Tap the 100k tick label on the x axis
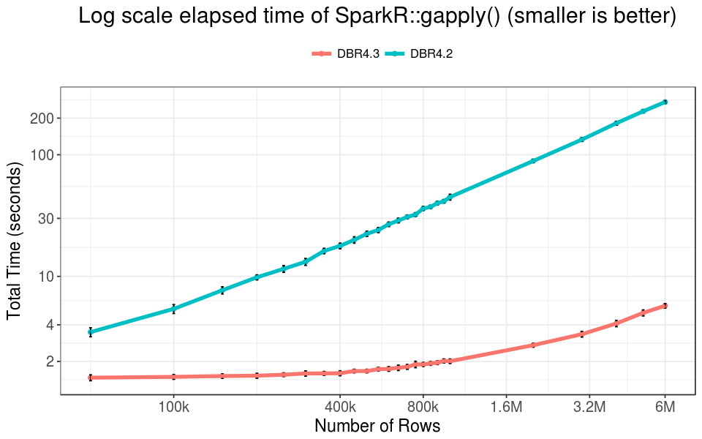click(173, 407)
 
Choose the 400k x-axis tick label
click(340, 407)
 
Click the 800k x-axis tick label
click(423, 407)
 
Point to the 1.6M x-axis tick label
click(507, 407)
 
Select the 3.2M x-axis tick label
click(590, 407)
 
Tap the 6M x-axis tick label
click(665, 407)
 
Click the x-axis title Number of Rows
click(377, 426)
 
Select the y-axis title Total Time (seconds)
click(14, 241)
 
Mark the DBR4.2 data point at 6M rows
click(665, 102)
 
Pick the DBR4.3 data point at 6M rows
click(665, 305)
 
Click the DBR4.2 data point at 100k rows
click(173, 309)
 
